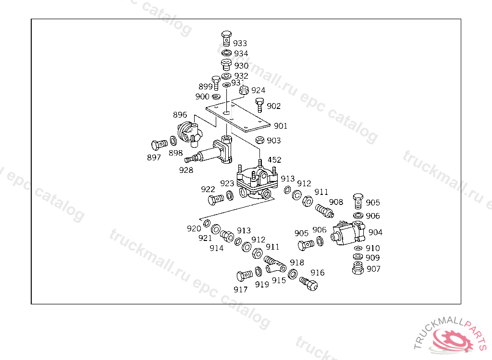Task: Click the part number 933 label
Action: point(240,43)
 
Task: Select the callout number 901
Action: point(281,126)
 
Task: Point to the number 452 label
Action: point(274,160)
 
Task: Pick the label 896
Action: point(180,115)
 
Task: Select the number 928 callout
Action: point(186,169)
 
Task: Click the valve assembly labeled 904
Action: point(349,233)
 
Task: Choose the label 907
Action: point(373,269)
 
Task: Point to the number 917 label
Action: point(241,289)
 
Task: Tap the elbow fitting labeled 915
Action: point(276,265)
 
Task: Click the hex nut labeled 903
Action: point(258,140)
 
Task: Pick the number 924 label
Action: point(258,90)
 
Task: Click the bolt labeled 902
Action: point(259,104)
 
